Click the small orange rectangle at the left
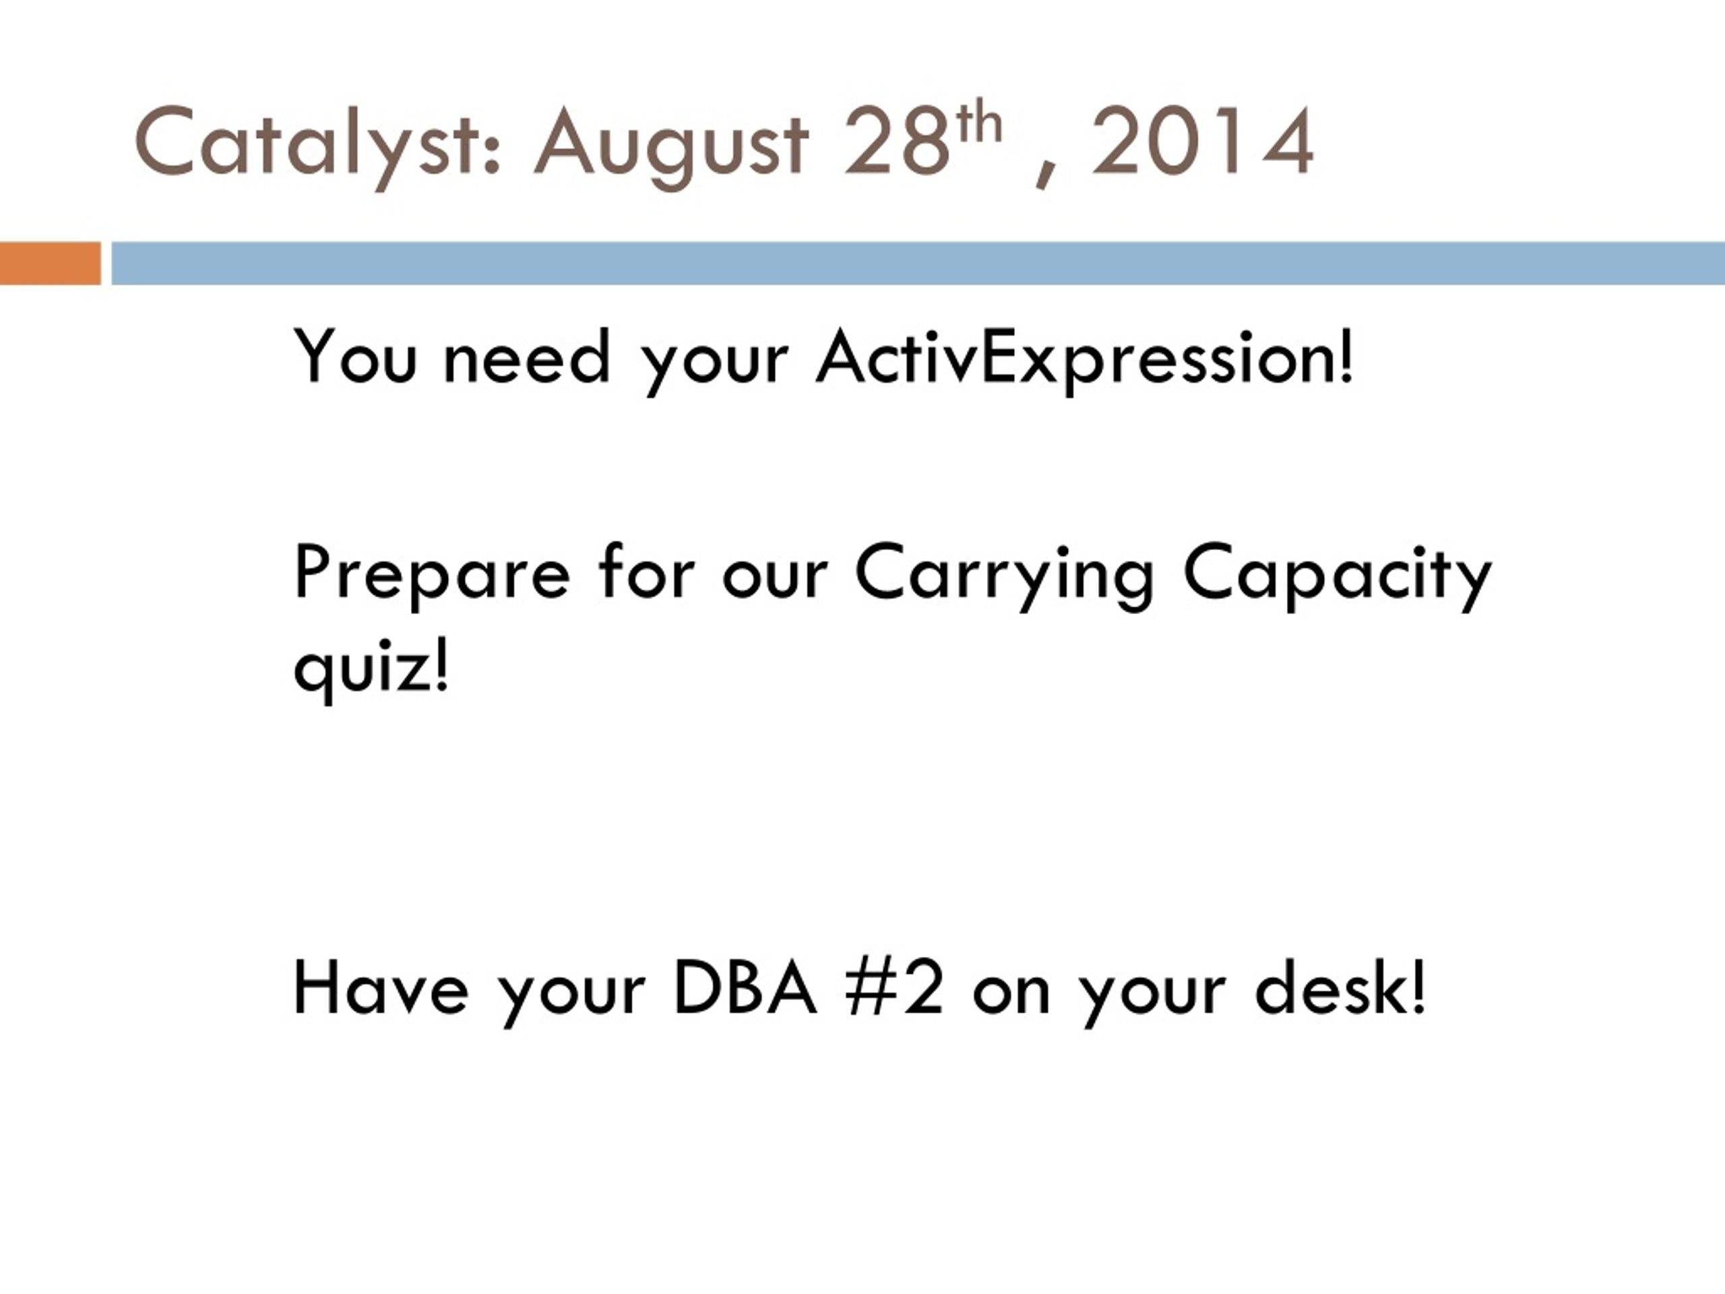point(50,264)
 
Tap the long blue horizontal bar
point(918,264)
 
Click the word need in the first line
point(526,357)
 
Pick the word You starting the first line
point(355,357)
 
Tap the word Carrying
point(1005,575)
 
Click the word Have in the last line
point(381,988)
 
